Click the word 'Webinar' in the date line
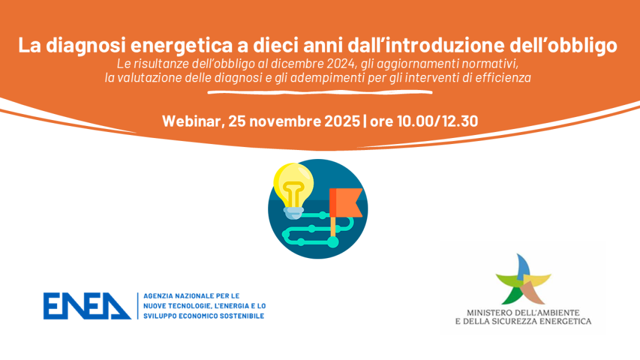click(193, 121)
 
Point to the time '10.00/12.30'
click(437, 121)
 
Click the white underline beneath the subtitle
click(320, 92)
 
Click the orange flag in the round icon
click(345, 202)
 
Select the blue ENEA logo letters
click(88, 306)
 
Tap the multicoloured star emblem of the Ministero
click(523, 280)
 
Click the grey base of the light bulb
click(293, 211)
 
